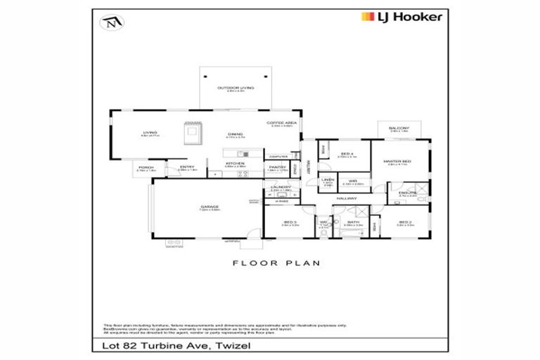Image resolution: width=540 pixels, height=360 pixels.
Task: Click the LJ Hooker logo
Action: (401, 16)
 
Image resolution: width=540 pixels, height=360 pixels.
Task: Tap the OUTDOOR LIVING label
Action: (235, 88)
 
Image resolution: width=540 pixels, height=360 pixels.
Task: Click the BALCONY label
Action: (399, 128)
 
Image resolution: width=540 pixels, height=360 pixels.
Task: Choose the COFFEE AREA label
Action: (278, 123)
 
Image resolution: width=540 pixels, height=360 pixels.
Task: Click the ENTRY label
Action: (186, 167)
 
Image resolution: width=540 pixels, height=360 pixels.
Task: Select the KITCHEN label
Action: (234, 164)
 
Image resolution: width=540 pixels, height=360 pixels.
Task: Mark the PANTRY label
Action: (276, 167)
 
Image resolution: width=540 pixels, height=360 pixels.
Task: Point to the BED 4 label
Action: (347, 154)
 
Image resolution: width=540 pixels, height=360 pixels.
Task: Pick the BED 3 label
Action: (290, 222)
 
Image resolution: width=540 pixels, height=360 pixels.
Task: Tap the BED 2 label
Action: (403, 222)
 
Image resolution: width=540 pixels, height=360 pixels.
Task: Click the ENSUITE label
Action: (408, 192)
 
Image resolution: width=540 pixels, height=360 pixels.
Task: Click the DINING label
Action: (235, 134)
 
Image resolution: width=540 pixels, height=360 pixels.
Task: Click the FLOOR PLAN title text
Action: (276, 263)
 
